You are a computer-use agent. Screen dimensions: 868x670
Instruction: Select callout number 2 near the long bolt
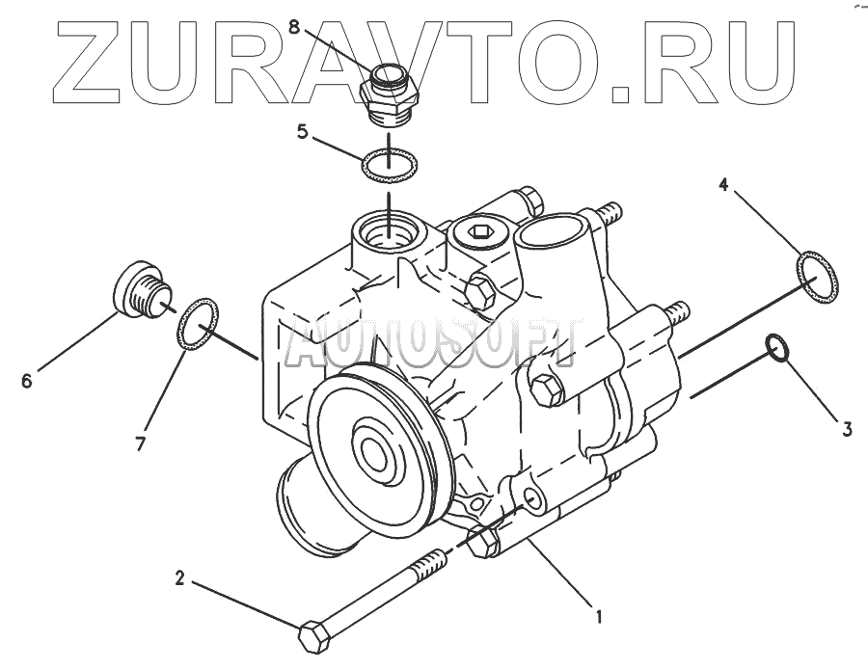(x=179, y=579)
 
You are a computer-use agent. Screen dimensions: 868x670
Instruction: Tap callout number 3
(x=846, y=430)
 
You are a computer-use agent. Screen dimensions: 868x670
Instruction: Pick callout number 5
(x=302, y=132)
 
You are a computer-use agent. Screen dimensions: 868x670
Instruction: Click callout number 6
(x=26, y=381)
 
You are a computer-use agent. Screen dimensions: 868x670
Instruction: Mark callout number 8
(x=311, y=16)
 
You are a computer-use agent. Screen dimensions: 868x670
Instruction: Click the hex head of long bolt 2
(x=316, y=637)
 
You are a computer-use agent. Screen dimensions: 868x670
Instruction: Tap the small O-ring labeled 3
(x=778, y=349)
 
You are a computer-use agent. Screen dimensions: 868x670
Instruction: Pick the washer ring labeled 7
(x=199, y=324)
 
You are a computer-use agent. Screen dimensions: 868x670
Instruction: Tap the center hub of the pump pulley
(x=371, y=448)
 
